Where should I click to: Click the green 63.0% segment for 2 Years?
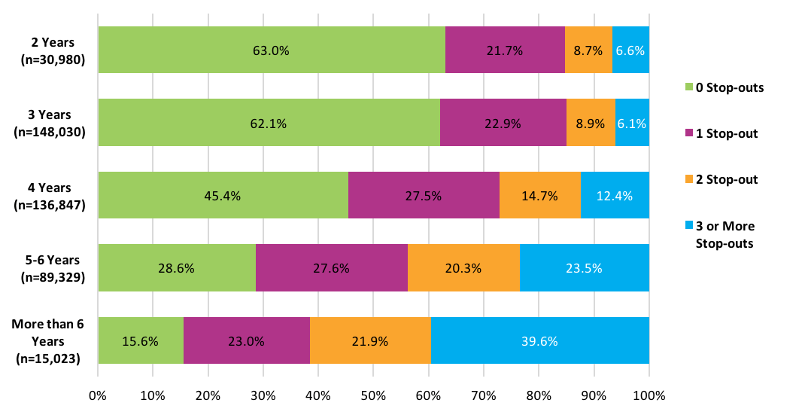click(271, 50)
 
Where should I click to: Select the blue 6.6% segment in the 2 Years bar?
click(630, 50)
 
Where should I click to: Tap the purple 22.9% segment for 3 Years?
click(503, 123)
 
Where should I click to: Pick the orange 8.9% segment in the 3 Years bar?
click(591, 123)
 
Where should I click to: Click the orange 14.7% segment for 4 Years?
click(539, 195)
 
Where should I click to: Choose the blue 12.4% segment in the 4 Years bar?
click(615, 195)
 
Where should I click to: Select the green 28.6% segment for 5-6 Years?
click(177, 267)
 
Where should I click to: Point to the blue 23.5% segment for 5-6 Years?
click(584, 267)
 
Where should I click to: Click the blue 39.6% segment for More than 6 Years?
click(539, 340)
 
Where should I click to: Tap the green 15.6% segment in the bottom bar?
click(141, 340)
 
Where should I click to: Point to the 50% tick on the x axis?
click(373, 395)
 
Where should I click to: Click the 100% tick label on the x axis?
click(649, 395)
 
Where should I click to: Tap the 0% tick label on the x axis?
click(98, 395)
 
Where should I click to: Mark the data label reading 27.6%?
click(332, 267)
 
